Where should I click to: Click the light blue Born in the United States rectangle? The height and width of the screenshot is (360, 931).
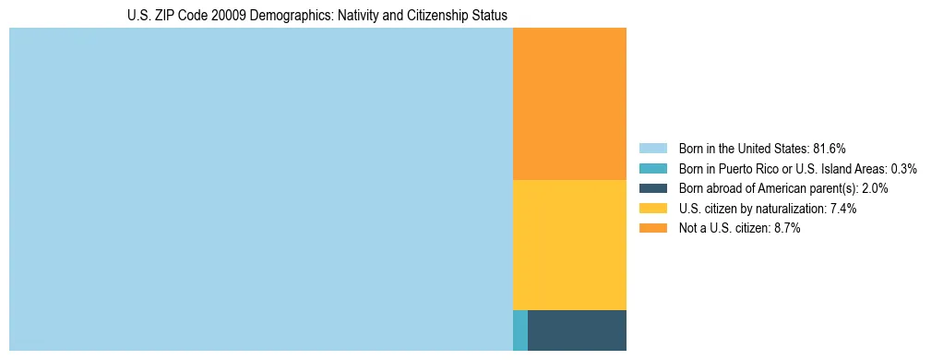pos(261,189)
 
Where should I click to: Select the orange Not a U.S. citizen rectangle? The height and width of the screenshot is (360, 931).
pos(569,103)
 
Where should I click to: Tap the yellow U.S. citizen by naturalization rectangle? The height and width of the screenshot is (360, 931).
pos(569,245)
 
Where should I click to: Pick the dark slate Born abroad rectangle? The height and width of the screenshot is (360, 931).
pos(577,330)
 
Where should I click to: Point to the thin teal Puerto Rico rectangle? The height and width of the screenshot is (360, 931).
pos(520,330)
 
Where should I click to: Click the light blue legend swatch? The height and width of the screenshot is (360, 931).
pos(653,149)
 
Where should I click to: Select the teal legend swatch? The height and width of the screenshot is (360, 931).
pos(653,169)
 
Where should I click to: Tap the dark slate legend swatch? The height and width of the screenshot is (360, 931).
pos(653,188)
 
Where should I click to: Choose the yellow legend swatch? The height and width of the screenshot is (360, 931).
pos(653,209)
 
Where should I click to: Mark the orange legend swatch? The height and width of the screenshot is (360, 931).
pos(653,229)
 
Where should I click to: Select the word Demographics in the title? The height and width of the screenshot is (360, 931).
pos(278,16)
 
